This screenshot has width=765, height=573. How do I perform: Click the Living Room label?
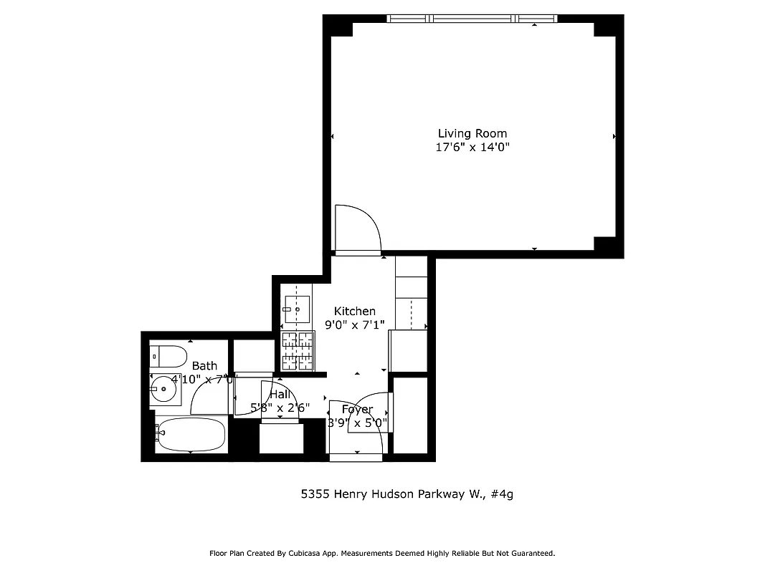tap(472, 133)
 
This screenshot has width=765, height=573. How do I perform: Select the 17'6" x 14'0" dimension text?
tap(472, 148)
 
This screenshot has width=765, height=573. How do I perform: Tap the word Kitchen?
tap(355, 311)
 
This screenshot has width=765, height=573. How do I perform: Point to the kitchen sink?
tap(297, 309)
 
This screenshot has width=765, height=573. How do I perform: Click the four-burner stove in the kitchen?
tap(298, 351)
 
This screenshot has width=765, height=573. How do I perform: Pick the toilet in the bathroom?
tap(168, 355)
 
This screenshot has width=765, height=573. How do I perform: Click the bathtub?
tap(191, 435)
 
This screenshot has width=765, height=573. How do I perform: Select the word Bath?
tap(204, 366)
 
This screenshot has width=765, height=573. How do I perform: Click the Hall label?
tap(280, 395)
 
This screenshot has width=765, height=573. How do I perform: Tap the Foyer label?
tap(357, 410)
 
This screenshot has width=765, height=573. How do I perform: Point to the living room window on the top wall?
tap(472, 19)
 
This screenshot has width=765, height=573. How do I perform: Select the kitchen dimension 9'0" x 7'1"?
tap(355, 324)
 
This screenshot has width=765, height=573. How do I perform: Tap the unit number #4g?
tap(503, 493)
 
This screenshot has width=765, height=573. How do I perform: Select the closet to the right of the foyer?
tap(410, 415)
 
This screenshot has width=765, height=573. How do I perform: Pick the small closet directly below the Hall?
tap(279, 438)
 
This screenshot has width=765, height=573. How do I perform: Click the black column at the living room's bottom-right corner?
tap(608, 246)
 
